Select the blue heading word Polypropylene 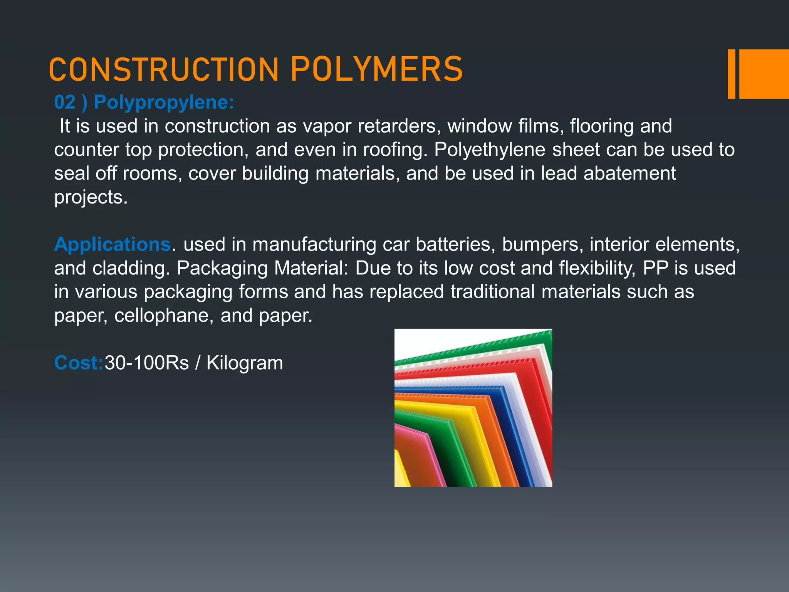coord(164,103)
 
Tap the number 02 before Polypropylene coord(65,103)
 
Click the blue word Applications coord(112,244)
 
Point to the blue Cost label coord(79,363)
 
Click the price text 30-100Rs coord(147,363)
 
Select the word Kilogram coord(245,363)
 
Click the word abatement coord(630,173)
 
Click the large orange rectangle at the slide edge coord(764,74)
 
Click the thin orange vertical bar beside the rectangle coord(731,74)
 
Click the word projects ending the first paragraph coord(91,197)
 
